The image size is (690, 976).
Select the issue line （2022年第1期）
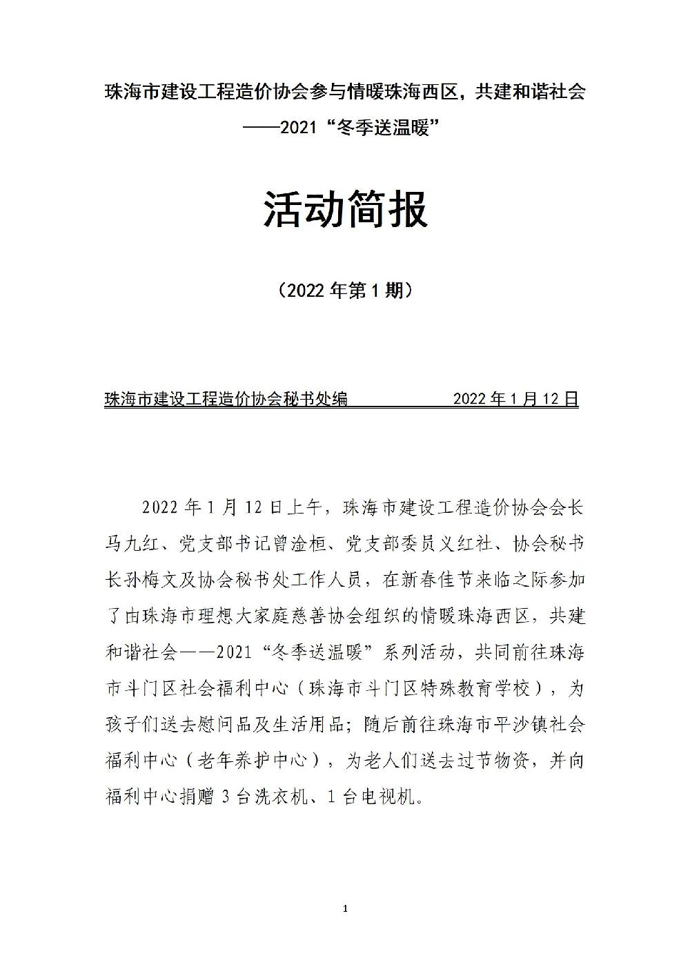coord(345,291)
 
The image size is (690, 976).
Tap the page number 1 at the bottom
coord(345,908)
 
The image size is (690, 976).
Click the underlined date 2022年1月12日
coord(515,398)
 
